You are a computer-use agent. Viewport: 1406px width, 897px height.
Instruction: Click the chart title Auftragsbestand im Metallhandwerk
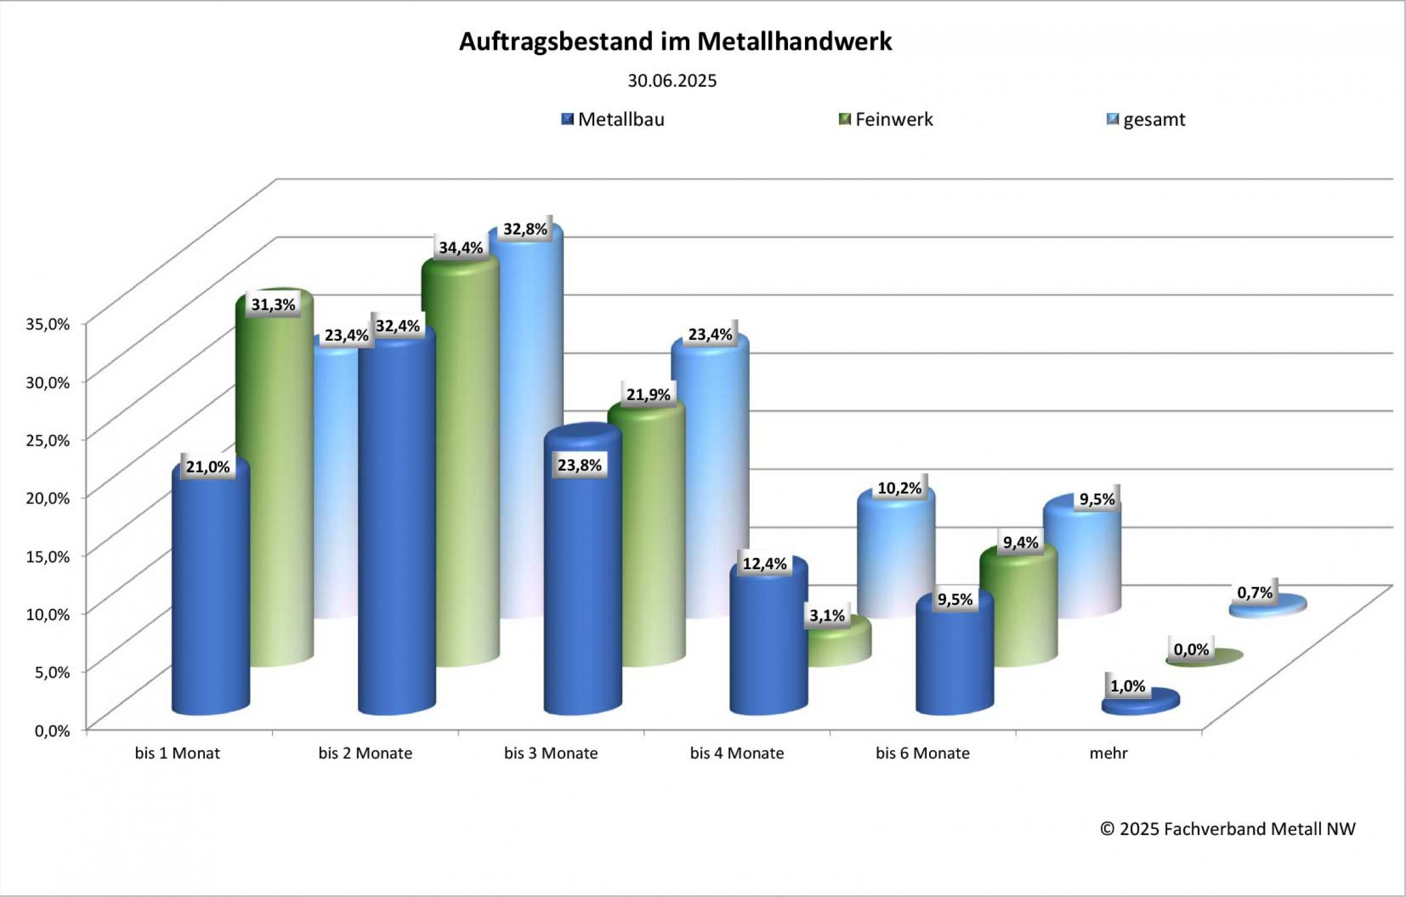(675, 42)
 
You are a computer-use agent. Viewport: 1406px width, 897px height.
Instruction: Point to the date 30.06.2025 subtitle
(672, 81)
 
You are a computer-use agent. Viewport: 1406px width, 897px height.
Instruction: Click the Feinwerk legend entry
(886, 119)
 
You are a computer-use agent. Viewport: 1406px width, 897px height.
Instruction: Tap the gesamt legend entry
(1146, 119)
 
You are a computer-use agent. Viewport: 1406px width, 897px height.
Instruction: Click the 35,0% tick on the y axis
(48, 324)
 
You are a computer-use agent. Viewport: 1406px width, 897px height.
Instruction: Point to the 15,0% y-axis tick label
(48, 556)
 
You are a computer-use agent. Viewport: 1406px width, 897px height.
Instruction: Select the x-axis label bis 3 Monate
(551, 753)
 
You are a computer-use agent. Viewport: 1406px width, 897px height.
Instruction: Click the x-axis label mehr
(1108, 753)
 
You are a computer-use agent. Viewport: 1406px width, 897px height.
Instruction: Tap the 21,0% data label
(208, 467)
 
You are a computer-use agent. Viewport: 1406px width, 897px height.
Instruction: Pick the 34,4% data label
(461, 248)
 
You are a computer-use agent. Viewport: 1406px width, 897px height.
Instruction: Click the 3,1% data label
(827, 616)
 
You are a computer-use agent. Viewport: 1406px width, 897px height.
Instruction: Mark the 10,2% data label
(899, 488)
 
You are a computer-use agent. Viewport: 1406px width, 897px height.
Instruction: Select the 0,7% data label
(1255, 593)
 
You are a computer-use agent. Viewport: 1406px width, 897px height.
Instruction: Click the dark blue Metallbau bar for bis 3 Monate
(582, 586)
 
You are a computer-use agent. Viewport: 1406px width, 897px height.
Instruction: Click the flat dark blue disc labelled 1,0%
(1141, 701)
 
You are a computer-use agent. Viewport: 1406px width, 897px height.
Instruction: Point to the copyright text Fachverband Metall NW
(1228, 829)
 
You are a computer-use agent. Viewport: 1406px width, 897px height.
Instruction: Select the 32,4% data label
(398, 326)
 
